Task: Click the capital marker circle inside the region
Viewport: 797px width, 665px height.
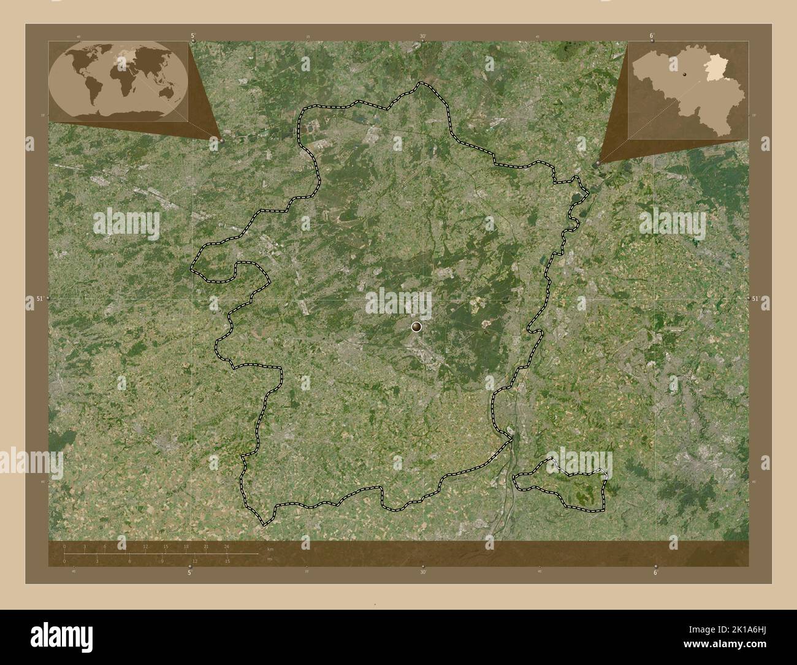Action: pos(417,327)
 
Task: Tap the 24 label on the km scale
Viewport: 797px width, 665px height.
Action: pos(227,547)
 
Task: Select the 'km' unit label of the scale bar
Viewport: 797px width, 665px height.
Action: pos(270,549)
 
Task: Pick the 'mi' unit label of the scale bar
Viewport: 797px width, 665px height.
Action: pos(269,558)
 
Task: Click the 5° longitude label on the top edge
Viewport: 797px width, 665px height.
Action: pos(193,36)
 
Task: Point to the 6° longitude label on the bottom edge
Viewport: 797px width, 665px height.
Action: pos(655,573)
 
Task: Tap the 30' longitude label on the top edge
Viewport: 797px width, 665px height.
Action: pos(423,36)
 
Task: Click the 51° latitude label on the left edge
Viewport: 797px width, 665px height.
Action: pos(39,299)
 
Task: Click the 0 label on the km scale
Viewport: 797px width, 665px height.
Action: pos(65,547)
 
